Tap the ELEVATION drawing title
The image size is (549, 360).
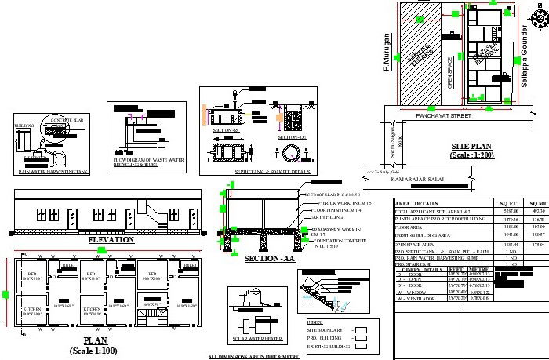pyautogui.click(x=111, y=239)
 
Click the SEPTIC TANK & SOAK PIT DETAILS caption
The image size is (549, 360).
pyautogui.click(x=267, y=171)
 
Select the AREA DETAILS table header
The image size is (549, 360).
pyautogui.click(x=416, y=203)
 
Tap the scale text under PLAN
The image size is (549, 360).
pyautogui.click(x=100, y=351)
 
